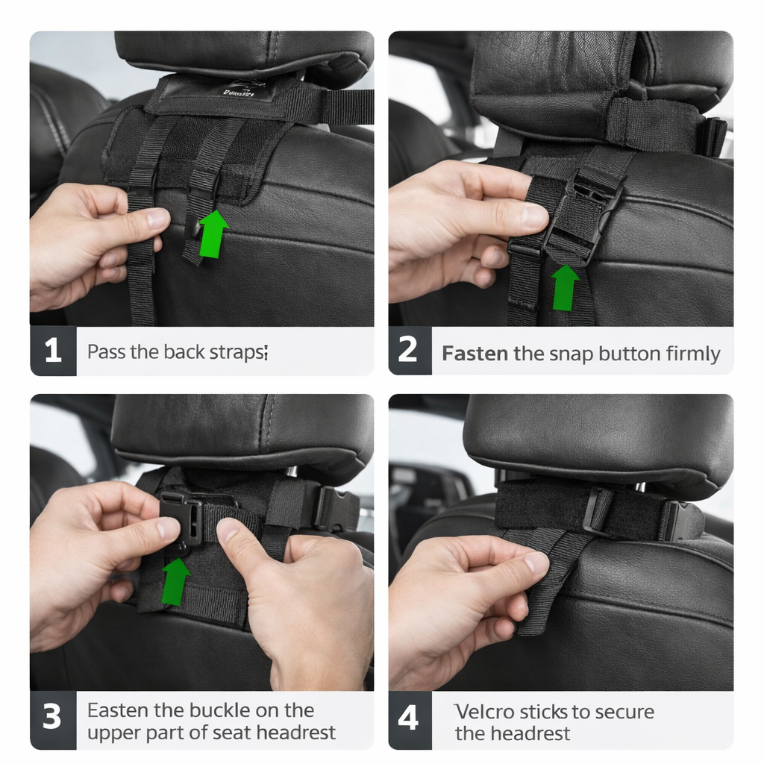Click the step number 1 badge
(x=53, y=351)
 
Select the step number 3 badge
(x=53, y=719)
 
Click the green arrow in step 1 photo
(x=213, y=234)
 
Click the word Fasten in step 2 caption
(x=475, y=354)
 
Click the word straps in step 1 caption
(x=238, y=352)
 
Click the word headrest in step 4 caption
(x=533, y=733)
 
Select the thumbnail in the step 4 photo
(x=536, y=564)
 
